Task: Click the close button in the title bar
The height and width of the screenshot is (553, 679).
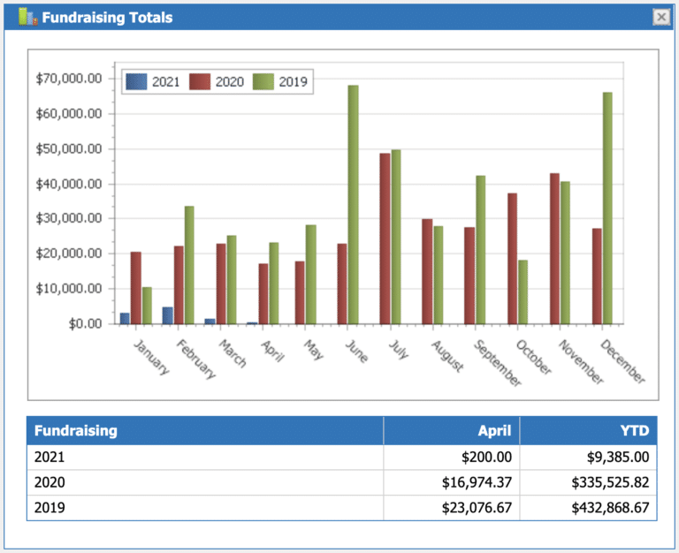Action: (660, 17)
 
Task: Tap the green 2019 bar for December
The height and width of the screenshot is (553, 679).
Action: (607, 208)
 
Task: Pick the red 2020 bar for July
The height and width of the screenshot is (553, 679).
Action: (385, 239)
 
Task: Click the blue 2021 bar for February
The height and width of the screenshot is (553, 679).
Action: (167, 315)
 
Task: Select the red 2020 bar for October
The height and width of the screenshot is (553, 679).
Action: (512, 258)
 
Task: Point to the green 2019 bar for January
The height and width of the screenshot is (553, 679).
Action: (147, 306)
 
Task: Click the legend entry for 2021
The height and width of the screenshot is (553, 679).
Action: (154, 82)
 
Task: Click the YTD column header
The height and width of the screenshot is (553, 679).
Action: (634, 431)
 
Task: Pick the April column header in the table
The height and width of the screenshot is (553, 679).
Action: (494, 431)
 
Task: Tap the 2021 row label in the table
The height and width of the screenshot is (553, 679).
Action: (50, 457)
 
